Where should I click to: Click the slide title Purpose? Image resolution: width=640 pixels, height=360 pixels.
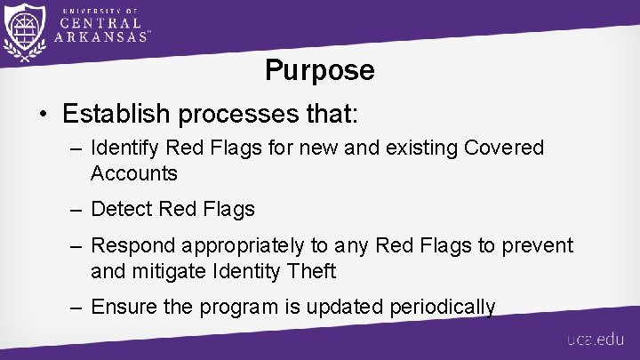pos(320,70)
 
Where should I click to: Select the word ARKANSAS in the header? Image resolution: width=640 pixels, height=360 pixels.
pos(100,36)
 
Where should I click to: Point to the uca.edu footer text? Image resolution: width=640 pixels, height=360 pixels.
pos(596,340)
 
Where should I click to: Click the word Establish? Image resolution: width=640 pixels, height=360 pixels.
pos(114,114)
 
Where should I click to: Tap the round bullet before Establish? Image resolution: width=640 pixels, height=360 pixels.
pos(43,115)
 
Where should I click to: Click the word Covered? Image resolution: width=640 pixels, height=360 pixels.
pos(504,148)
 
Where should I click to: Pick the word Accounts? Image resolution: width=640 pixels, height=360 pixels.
pos(133,172)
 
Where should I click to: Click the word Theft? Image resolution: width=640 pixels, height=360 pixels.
pos(315,270)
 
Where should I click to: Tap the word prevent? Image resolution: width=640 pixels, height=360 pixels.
pos(540,244)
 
